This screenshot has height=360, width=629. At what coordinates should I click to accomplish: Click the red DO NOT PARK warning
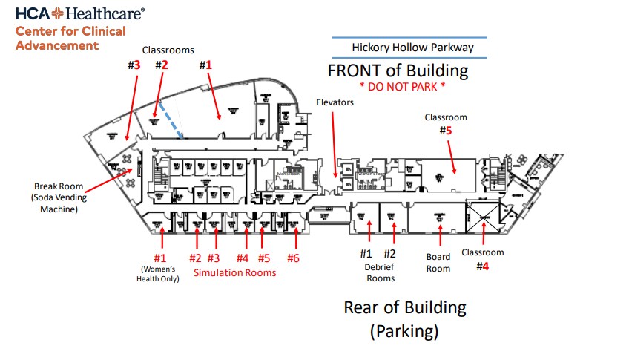403,86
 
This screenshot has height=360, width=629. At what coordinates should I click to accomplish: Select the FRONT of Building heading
398,71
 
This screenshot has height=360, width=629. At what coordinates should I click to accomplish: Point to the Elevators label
335,102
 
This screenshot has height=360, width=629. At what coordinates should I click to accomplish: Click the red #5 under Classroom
445,131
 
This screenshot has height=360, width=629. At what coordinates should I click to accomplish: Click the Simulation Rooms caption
234,272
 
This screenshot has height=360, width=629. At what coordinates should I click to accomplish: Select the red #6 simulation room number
294,258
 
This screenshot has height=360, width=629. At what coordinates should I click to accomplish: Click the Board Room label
438,263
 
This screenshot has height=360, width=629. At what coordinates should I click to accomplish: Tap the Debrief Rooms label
379,272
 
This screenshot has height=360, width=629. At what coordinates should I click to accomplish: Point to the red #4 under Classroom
483,266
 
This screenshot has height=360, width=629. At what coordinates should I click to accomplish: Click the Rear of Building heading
404,307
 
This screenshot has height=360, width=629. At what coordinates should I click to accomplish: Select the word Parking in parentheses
404,330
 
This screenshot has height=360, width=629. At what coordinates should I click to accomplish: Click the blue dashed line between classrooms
173,123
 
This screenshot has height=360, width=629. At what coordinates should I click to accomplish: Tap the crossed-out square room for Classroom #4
483,217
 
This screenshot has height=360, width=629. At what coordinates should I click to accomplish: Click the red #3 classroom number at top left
134,65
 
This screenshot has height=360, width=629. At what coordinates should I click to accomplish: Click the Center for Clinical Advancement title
70,38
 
